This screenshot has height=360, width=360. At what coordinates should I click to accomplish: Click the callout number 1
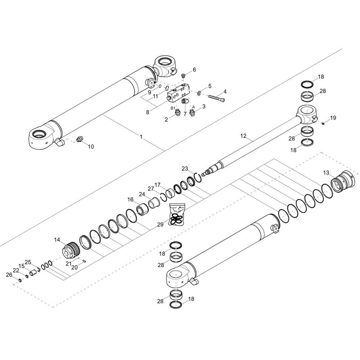(x=141, y=137)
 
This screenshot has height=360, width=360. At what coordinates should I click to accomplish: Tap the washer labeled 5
(x=199, y=93)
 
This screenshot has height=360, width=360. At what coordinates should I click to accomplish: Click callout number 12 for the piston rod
(x=243, y=136)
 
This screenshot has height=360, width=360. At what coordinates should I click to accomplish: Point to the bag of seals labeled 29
(x=176, y=214)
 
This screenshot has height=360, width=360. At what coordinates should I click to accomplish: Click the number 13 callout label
(x=326, y=173)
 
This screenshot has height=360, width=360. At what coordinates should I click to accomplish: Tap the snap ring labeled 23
(x=198, y=177)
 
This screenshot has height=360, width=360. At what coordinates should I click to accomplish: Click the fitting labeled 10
(x=80, y=139)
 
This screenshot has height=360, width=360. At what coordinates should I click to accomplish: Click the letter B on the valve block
(x=177, y=95)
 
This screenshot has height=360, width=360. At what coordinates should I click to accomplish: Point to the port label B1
(x=173, y=108)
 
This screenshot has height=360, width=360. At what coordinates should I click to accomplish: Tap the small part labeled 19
(x=323, y=124)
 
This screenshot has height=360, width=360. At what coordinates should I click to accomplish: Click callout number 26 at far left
(x=9, y=275)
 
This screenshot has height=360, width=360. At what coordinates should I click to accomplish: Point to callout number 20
(x=75, y=267)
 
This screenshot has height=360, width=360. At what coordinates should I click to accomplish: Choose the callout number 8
(x=148, y=112)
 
